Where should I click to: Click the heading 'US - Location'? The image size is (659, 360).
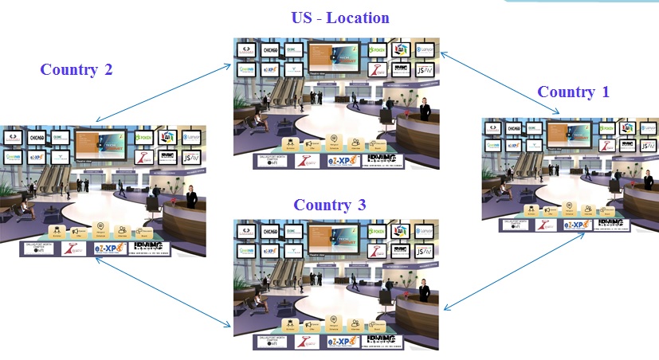click(339, 18)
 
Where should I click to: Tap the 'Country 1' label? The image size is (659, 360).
click(573, 92)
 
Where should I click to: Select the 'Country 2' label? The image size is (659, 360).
click(76, 69)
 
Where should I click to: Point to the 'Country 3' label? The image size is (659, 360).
click(330, 205)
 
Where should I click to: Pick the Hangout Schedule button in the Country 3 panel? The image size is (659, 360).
click(334, 323)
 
